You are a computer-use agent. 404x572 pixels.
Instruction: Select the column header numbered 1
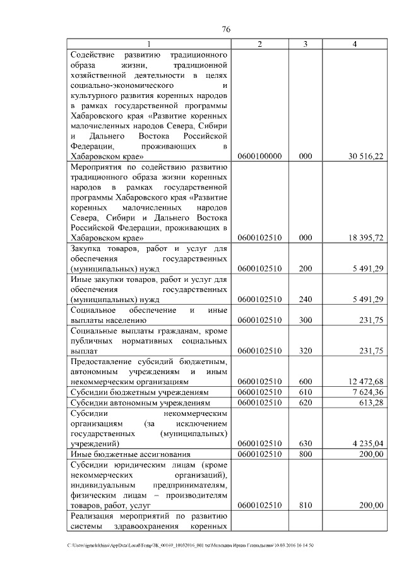tap(149, 44)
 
